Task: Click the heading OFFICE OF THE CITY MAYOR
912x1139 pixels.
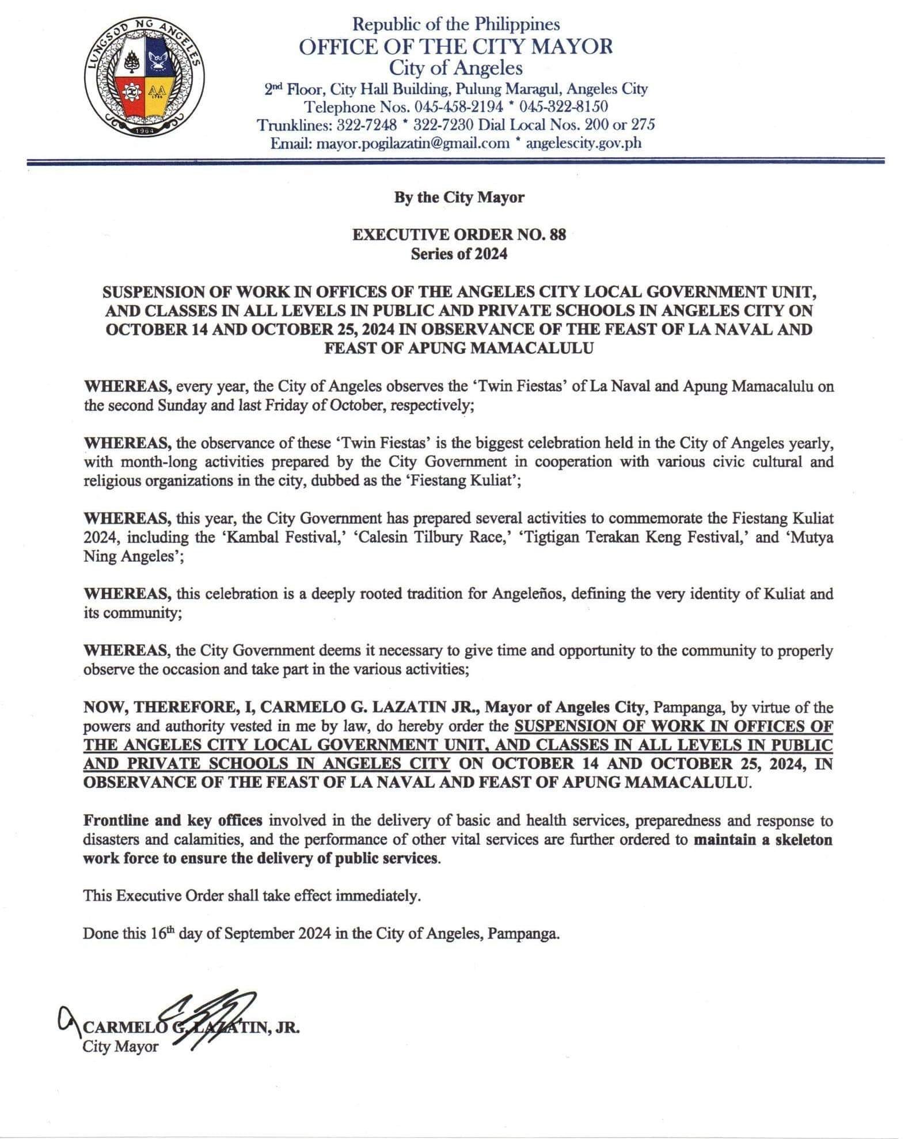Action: click(455, 47)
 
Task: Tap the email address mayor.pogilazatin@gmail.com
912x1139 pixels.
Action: click(413, 143)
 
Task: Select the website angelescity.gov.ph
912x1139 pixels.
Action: click(583, 143)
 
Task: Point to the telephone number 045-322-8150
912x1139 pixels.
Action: click(564, 106)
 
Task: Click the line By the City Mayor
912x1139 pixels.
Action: click(459, 197)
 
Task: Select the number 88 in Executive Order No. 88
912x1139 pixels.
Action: click(558, 235)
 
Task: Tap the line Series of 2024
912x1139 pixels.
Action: click(459, 253)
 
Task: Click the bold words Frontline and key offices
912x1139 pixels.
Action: click(173, 820)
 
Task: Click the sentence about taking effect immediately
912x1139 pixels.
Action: click(252, 896)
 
